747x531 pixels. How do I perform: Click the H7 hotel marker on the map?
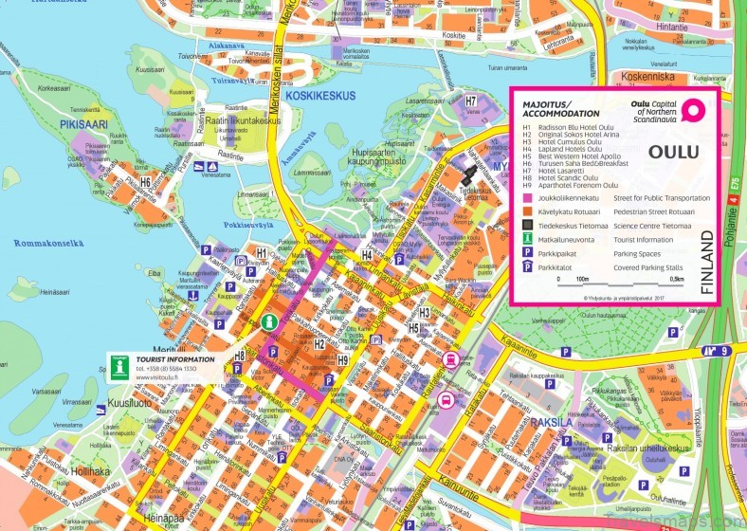(x=472, y=101)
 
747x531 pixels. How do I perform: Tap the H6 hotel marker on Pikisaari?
(x=145, y=182)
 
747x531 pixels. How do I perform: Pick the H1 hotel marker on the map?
(x=262, y=253)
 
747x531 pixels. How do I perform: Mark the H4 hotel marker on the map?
(x=367, y=254)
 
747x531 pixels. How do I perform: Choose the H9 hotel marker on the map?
(x=343, y=359)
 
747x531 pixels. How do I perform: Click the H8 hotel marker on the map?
(x=241, y=356)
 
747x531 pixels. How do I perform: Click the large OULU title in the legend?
(x=673, y=152)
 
